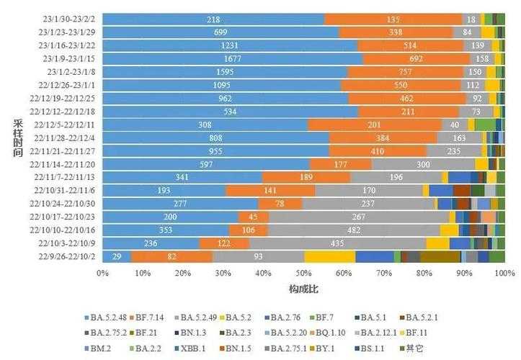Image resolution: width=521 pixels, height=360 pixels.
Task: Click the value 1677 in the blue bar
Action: pyautogui.click(x=233, y=58)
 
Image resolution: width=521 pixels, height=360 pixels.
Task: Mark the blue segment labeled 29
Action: pyautogui.click(x=117, y=256)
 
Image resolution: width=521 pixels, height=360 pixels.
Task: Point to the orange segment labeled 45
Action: pyautogui.click(x=253, y=217)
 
